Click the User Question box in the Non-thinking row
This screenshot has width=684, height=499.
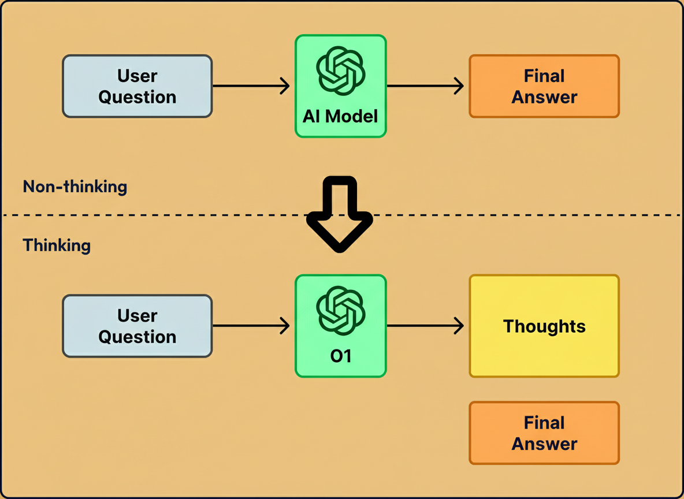[137, 87]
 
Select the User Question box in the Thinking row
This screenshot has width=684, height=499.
[137, 326]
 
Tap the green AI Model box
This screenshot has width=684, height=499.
[340, 87]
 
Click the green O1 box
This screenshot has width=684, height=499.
[340, 326]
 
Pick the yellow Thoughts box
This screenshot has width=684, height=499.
[544, 326]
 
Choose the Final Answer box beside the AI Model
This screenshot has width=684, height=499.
[544, 87]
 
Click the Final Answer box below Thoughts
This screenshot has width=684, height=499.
[544, 433]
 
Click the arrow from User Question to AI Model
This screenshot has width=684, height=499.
[251, 87]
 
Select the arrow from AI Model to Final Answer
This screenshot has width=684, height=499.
[425, 87]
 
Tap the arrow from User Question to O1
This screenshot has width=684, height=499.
[251, 326]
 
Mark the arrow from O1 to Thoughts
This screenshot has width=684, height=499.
[425, 326]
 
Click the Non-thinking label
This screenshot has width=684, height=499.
[75, 187]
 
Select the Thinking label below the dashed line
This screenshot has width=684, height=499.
[57, 245]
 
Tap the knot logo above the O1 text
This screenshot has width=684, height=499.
[340, 310]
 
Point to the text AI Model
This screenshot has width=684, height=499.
[340, 117]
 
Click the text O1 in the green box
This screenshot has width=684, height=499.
[340, 356]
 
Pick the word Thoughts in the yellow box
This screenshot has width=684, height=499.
[544, 326]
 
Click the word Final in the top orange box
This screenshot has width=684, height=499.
[544, 76]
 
